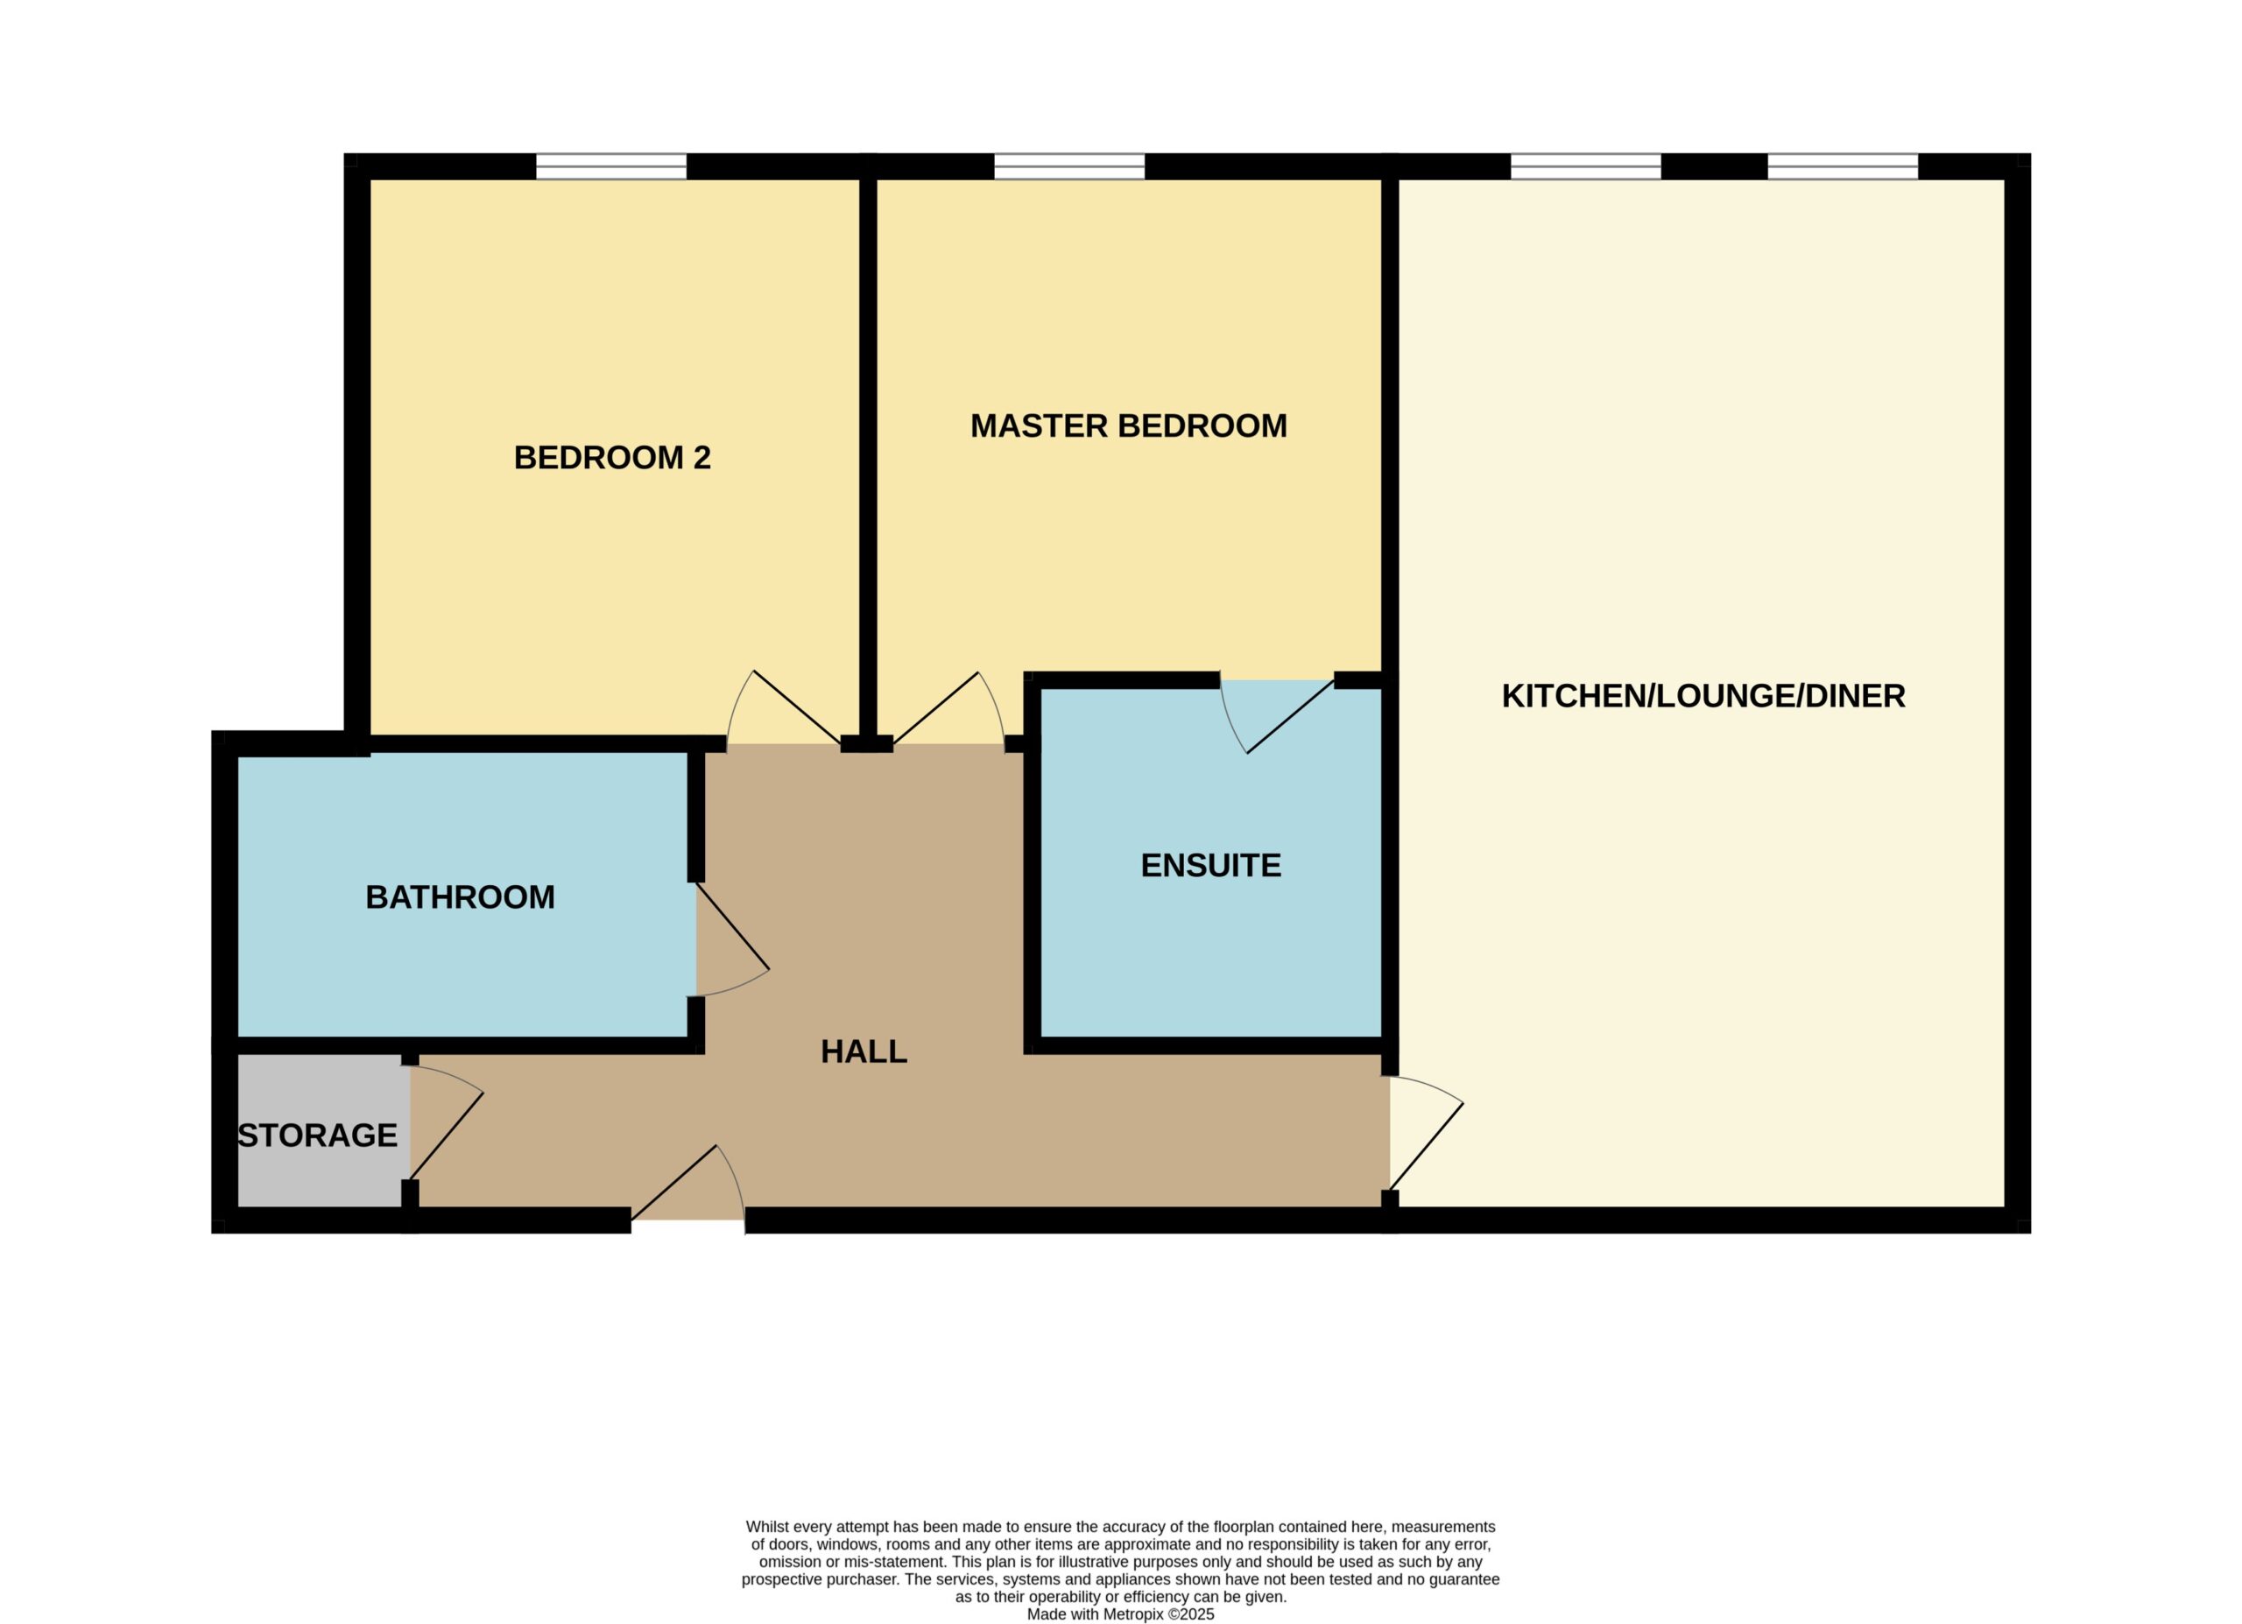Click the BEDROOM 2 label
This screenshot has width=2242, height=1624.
pos(612,458)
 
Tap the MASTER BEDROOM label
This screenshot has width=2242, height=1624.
pos(1129,426)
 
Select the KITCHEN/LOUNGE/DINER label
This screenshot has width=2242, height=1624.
pos(1703,696)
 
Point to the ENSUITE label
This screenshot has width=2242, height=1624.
pos(1211,865)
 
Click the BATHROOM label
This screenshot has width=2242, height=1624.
pos(461,896)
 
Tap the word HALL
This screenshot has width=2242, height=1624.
pos(864,1051)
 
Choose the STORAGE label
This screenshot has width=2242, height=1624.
pos(317,1135)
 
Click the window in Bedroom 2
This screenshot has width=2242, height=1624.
pos(611,166)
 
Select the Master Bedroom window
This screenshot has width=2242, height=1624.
pos(1069,166)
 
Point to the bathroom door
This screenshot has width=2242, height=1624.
pos(732,940)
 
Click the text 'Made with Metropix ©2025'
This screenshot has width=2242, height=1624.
pos(1120,1614)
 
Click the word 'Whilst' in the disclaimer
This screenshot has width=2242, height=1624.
pos(767,1527)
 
